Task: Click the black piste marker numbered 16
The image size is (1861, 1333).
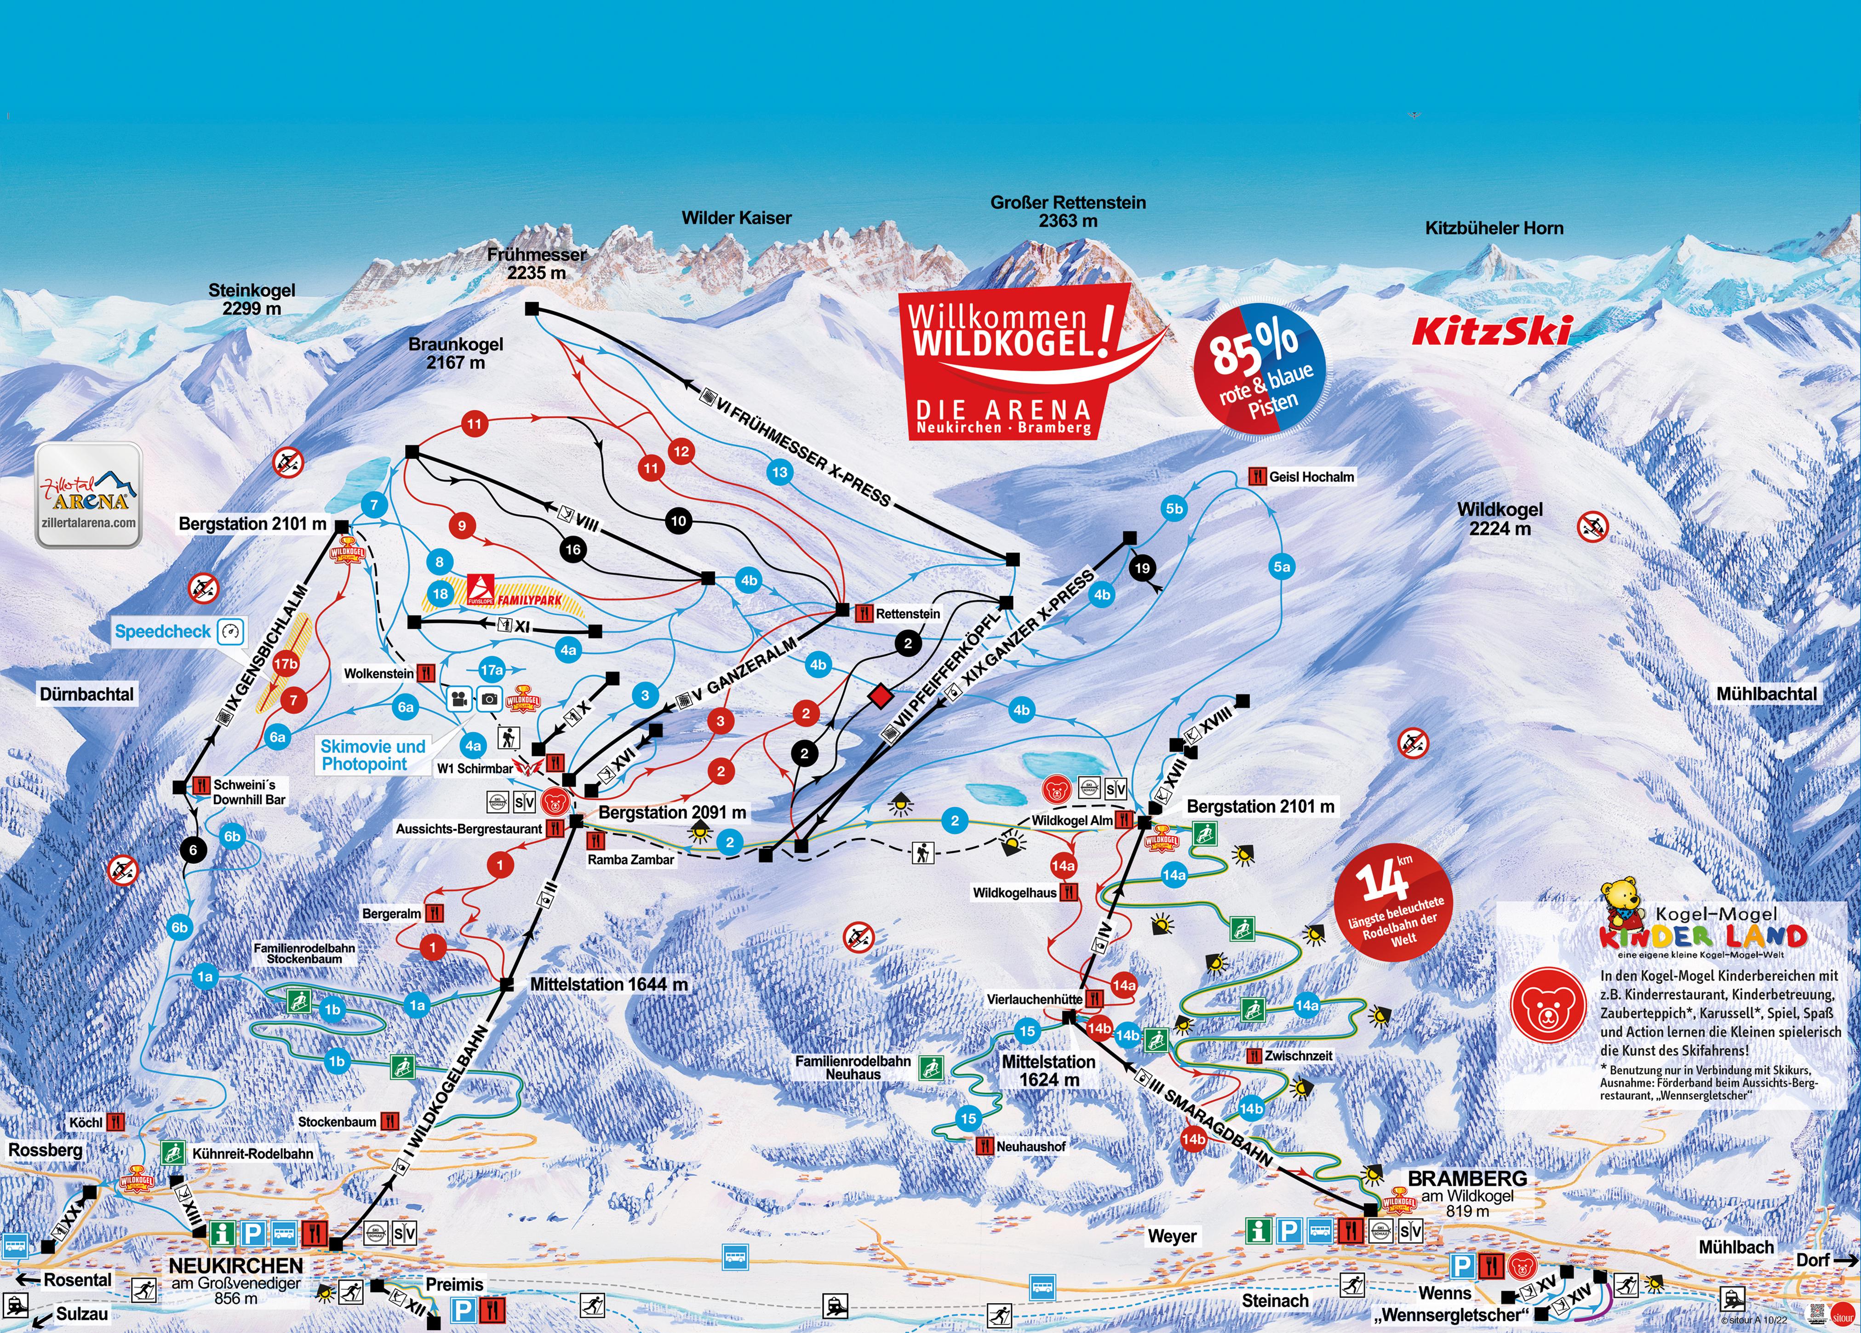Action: (573, 550)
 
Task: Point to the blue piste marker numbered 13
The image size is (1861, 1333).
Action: (779, 472)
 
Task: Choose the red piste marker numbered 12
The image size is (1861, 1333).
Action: (681, 451)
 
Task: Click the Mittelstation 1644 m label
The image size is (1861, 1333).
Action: (608, 983)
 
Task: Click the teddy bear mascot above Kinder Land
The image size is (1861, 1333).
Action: (1621, 901)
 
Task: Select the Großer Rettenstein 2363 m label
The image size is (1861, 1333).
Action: (1067, 211)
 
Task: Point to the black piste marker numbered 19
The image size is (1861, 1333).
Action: (1141, 567)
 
